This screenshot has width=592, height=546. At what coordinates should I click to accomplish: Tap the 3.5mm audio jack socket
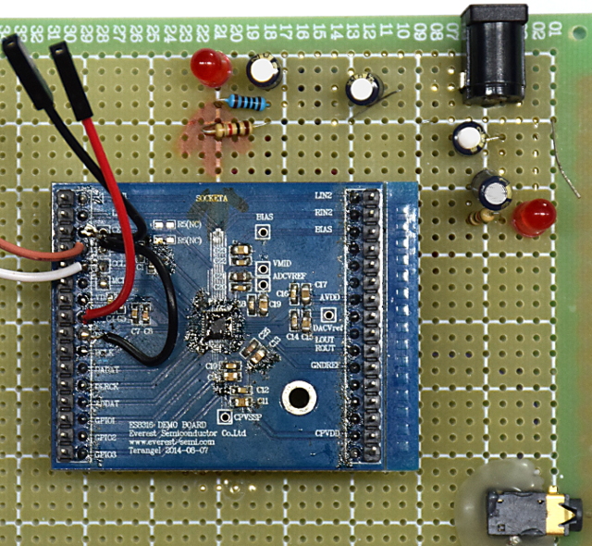[x=524, y=512]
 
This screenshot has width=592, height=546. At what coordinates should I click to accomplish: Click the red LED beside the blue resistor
[x=212, y=66]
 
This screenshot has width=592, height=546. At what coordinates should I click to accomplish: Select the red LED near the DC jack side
[x=533, y=217]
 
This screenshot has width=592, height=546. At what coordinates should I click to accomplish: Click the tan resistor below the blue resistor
[x=230, y=130]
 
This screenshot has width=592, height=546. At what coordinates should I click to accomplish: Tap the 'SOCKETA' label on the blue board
[x=211, y=199]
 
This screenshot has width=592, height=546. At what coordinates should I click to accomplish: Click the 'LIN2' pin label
[x=323, y=196]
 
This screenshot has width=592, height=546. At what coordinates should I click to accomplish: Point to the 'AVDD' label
[x=327, y=295]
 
